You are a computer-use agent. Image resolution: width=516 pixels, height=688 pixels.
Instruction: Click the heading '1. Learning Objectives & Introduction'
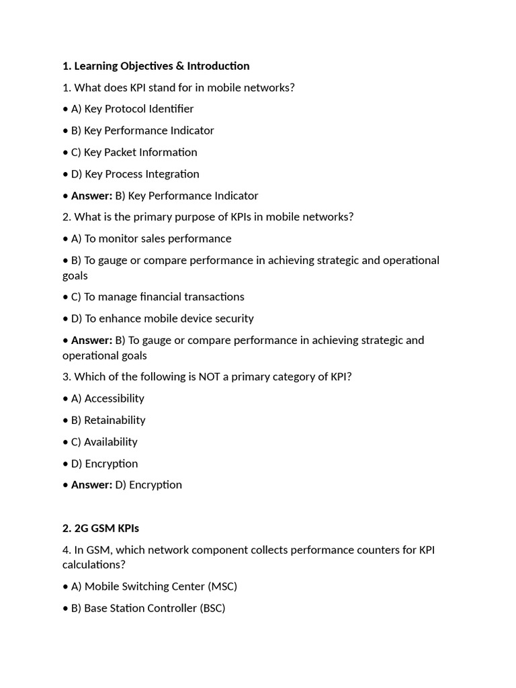[x=156, y=66]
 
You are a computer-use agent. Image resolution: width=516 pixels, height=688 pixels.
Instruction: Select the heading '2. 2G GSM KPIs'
[x=101, y=528]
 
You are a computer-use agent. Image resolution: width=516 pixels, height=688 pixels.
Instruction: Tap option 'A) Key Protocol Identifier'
[x=132, y=109]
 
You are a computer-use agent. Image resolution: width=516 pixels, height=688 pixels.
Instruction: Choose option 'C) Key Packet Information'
[x=134, y=152]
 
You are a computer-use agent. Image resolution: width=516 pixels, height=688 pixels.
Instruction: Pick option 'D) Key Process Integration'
[x=135, y=174]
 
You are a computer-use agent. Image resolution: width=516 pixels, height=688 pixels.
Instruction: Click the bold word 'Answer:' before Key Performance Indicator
[x=91, y=196]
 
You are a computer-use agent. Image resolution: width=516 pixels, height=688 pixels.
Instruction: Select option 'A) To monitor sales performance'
[x=151, y=239]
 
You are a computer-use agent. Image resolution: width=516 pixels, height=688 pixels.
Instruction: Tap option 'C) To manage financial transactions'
[x=157, y=296]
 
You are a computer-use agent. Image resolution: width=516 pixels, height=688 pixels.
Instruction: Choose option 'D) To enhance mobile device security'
[x=162, y=318]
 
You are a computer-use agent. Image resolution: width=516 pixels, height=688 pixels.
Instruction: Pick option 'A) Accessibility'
[x=107, y=398]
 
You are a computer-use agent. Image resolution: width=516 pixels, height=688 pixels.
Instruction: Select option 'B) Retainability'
[x=108, y=420]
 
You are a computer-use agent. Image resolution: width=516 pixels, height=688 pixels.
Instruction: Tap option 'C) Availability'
[x=104, y=441]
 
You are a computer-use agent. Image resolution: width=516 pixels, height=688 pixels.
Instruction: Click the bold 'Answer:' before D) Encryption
[x=91, y=484]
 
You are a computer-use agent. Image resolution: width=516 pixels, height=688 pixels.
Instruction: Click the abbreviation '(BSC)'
[x=212, y=608]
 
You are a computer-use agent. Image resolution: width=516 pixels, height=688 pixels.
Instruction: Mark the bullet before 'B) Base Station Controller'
[x=65, y=608]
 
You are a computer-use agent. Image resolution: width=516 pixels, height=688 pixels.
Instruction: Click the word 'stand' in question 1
[x=163, y=87]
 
